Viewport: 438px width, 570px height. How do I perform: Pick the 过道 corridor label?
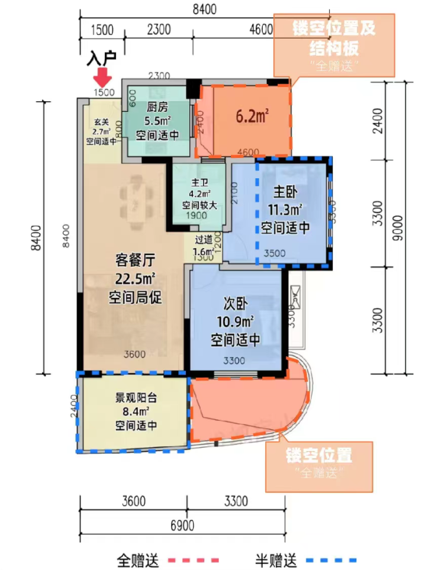(x=203, y=241)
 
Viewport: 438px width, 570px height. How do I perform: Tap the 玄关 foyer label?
(x=102, y=123)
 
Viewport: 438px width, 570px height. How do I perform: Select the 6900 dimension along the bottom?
(x=183, y=524)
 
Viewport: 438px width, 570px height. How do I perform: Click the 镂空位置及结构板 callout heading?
(x=334, y=37)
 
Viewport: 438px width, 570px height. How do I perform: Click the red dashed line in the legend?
(x=194, y=559)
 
